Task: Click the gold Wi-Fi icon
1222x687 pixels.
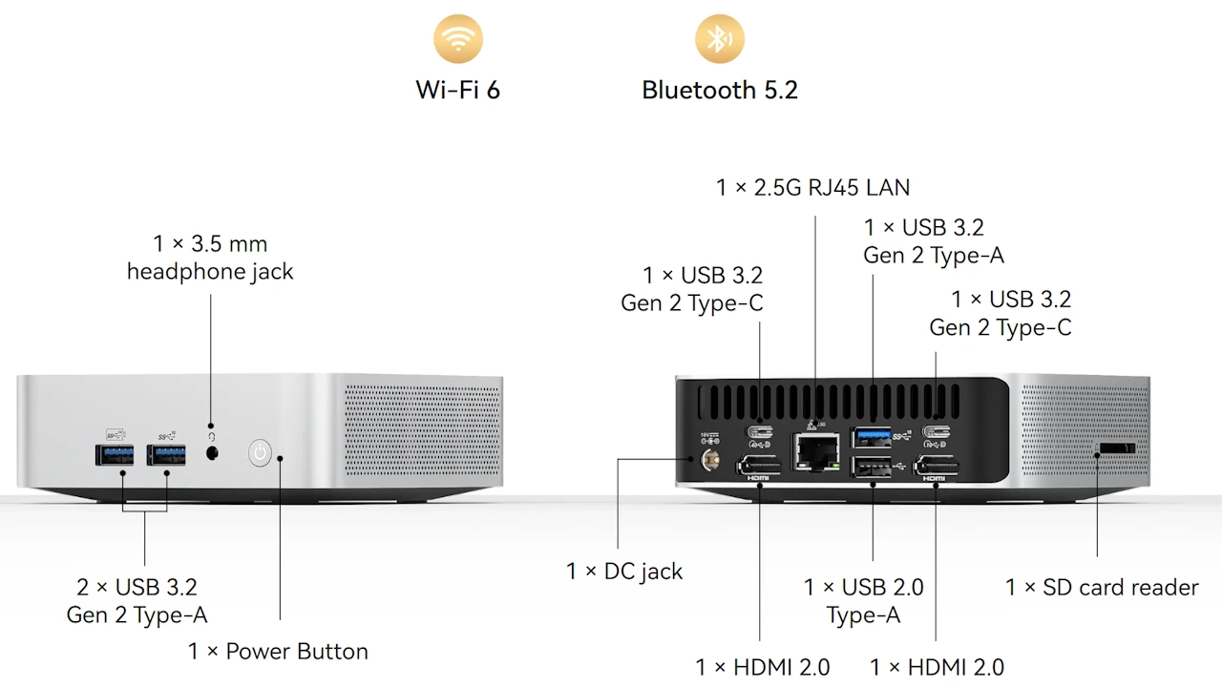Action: tap(458, 39)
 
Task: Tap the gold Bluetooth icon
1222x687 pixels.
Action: tap(719, 39)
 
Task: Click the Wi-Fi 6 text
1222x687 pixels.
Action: tap(458, 90)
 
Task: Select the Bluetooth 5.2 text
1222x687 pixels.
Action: tap(719, 90)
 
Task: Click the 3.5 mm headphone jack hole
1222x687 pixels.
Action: tap(212, 453)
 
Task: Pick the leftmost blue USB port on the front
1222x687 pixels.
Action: tap(115, 454)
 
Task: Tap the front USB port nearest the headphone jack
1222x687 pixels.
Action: tap(166, 454)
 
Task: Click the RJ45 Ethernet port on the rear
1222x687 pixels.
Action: tap(816, 449)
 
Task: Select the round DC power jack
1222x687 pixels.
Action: tap(710, 462)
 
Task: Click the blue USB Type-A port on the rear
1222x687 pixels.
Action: tap(874, 437)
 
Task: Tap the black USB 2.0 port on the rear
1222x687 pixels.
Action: tap(874, 467)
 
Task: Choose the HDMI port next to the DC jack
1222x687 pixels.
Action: tap(760, 467)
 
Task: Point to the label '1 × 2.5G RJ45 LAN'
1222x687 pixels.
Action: tap(812, 188)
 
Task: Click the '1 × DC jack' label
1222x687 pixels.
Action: tap(624, 572)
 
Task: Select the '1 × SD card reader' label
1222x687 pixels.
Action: tap(1101, 587)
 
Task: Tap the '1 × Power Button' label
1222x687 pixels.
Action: tap(278, 652)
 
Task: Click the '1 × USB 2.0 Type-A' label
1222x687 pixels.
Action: tap(864, 601)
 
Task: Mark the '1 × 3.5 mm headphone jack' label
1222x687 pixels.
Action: tap(210, 258)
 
